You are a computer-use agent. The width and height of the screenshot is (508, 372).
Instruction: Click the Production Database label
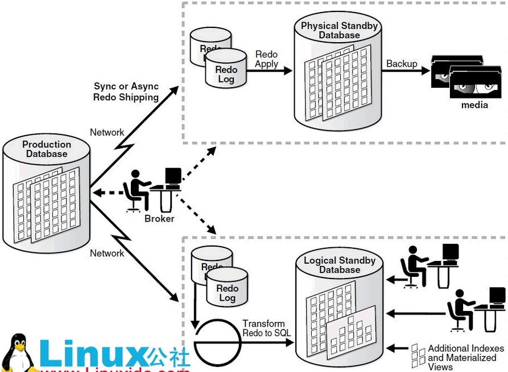[47, 149]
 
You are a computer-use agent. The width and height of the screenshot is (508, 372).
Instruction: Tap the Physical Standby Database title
[339, 30]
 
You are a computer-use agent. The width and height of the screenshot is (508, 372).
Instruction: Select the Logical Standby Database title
[340, 265]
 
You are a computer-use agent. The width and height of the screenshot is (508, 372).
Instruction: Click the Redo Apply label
[266, 59]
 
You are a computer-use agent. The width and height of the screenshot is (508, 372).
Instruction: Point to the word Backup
[402, 64]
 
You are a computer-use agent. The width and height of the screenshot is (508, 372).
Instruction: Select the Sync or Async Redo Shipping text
[126, 92]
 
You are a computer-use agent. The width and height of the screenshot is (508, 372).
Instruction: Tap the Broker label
[159, 219]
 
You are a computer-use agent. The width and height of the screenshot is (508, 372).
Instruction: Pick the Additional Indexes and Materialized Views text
[465, 357]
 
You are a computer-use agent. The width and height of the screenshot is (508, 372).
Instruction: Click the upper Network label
[107, 133]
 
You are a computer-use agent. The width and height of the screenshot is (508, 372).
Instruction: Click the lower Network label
[107, 254]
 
